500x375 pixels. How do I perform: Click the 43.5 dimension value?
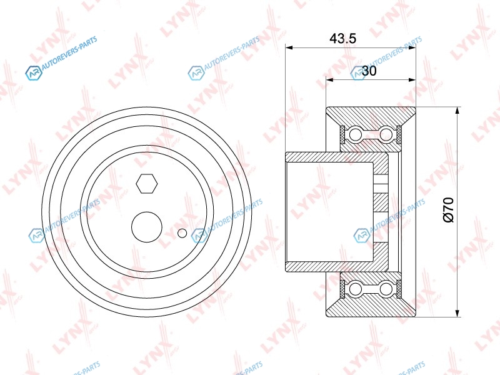(x=342, y=39)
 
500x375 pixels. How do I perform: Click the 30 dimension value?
(x=369, y=71)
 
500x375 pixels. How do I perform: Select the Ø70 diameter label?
(x=449, y=209)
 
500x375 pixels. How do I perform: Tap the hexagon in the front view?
(x=147, y=184)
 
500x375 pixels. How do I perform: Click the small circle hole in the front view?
(x=182, y=233)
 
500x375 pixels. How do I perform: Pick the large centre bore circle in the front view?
(x=147, y=227)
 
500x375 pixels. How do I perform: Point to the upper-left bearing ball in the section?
(x=356, y=134)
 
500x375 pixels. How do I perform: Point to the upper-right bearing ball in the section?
(x=386, y=134)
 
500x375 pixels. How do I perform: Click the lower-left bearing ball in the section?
(x=356, y=289)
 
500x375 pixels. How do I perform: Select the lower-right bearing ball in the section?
(x=386, y=289)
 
